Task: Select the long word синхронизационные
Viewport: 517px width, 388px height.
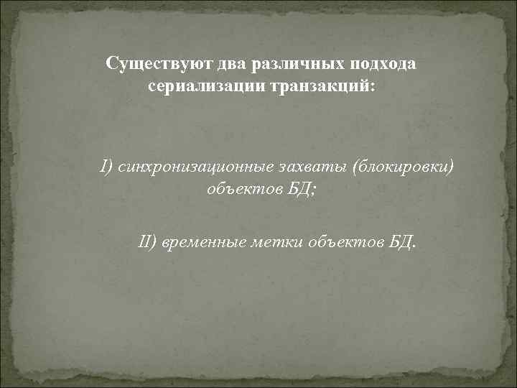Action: click(189, 167)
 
